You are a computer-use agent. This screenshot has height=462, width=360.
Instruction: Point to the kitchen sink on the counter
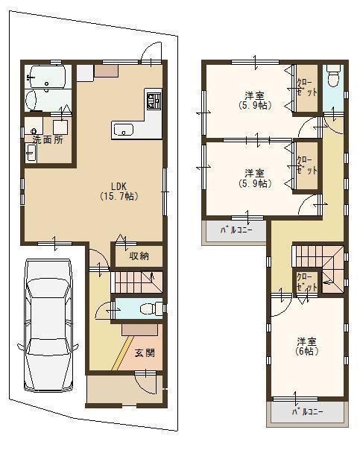pyautogui.click(x=124, y=130)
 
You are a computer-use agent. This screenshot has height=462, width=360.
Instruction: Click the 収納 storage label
pyautogui.click(x=138, y=256)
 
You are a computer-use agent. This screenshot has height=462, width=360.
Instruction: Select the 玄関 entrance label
pyautogui.click(x=144, y=352)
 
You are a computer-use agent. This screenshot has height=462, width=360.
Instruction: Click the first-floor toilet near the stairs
pyautogui.click(x=148, y=308)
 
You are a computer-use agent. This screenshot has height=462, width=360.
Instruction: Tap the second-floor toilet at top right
pyautogui.click(x=334, y=76)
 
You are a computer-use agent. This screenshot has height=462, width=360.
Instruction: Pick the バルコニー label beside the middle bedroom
pyautogui.click(x=235, y=230)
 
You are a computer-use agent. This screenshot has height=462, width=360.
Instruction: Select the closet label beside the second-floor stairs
pyautogui.click(x=306, y=281)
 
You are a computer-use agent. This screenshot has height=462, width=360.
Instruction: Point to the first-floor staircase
pyautogui.click(x=136, y=283)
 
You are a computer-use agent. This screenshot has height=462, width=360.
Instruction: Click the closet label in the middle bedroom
pyautogui.click(x=306, y=165)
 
